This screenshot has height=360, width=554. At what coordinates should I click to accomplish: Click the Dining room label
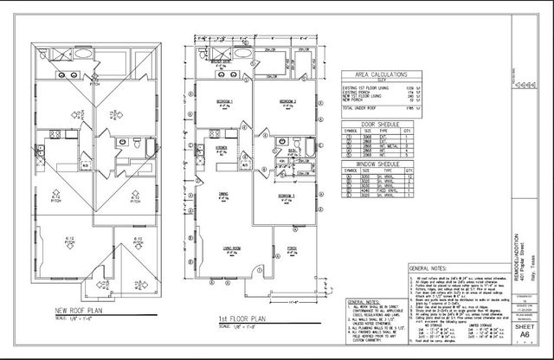(222, 196)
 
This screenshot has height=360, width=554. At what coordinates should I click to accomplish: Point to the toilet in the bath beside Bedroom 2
(296, 144)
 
